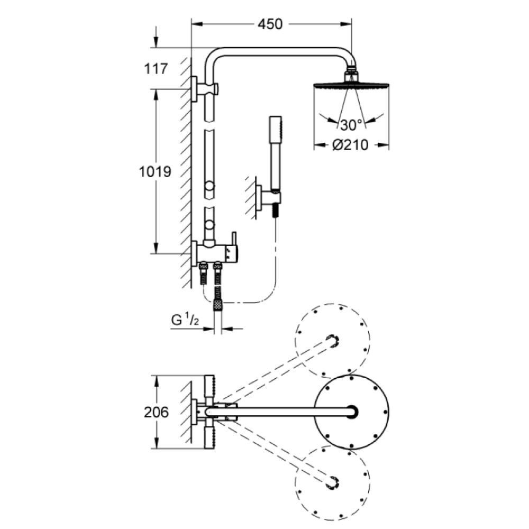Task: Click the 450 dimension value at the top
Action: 270,24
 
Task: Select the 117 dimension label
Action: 155,68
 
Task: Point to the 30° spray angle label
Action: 351,125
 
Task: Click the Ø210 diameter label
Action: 351,145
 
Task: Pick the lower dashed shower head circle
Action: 332,482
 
